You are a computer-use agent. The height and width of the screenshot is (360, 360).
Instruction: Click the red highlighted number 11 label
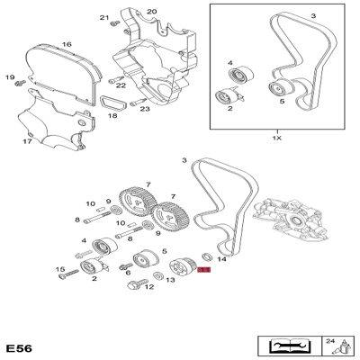[x=203, y=269]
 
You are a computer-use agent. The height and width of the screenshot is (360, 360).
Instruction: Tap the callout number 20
[x=151, y=11]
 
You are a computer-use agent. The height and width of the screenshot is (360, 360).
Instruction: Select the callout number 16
[x=67, y=43]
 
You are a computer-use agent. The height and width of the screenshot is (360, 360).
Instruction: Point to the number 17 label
[x=27, y=141]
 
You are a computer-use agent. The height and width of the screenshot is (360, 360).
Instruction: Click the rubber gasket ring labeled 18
[x=112, y=104]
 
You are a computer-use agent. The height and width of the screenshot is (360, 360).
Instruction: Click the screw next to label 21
[x=112, y=25]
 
